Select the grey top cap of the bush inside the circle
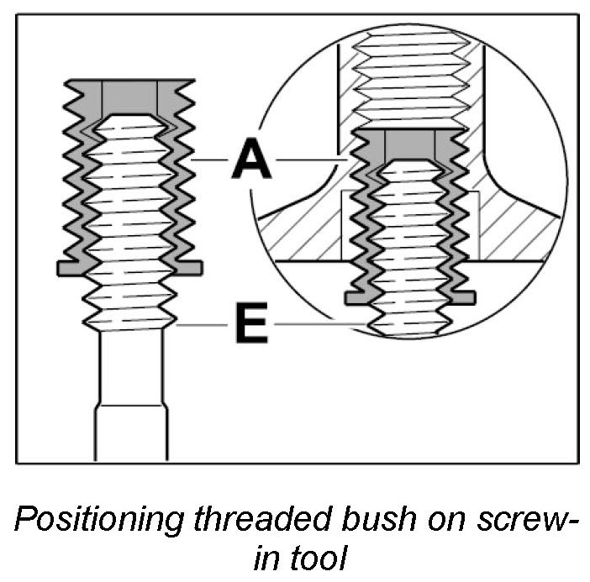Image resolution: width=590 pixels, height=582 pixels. (x=409, y=144)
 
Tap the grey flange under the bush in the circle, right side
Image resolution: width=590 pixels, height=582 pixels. (x=463, y=297)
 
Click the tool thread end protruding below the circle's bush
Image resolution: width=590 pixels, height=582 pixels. (x=409, y=323)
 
